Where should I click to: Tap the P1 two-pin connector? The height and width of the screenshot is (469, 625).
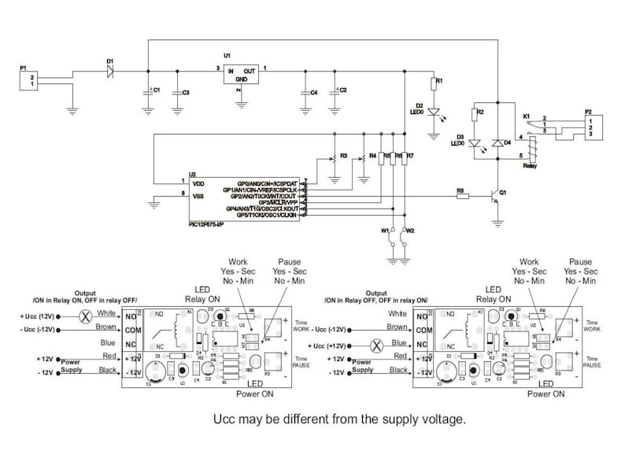[30, 80]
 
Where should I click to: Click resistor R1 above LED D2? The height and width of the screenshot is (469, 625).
[432, 83]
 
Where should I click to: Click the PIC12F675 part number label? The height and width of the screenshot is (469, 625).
[206, 225]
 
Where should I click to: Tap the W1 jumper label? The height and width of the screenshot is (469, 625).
[385, 231]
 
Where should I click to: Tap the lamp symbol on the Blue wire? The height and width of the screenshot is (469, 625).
[376, 344]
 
